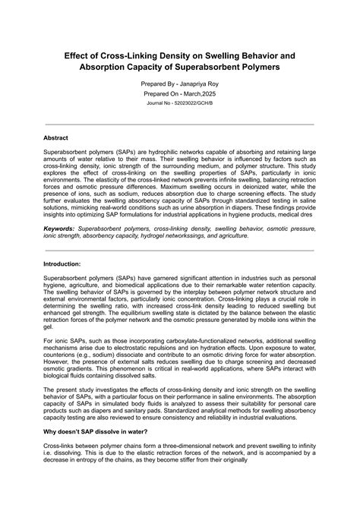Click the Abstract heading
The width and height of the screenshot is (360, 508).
(56, 138)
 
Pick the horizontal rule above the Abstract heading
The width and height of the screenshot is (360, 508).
(180, 124)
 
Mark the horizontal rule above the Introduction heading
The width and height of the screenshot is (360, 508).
(180, 249)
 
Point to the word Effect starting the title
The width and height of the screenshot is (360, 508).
(80, 57)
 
